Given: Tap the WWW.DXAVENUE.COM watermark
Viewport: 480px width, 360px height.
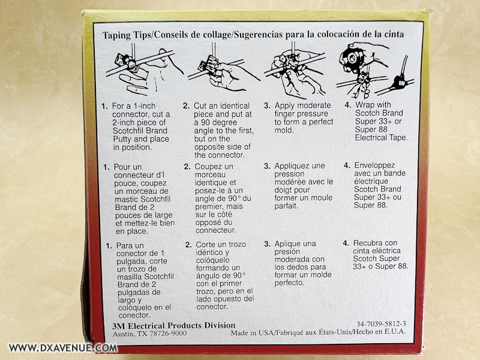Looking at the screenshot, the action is pos(63,348).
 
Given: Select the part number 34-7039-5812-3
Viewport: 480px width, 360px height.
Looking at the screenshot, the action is pos(381,324).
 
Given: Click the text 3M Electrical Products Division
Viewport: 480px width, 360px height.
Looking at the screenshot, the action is pos(174,325).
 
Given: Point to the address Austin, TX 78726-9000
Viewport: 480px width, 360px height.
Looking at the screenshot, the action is pos(149,334).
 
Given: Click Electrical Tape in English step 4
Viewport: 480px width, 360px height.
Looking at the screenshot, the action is pos(381,138).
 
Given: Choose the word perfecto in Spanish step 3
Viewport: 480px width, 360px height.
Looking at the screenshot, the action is pos(289,283).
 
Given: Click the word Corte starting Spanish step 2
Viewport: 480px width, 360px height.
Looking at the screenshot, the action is pos(206,245).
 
